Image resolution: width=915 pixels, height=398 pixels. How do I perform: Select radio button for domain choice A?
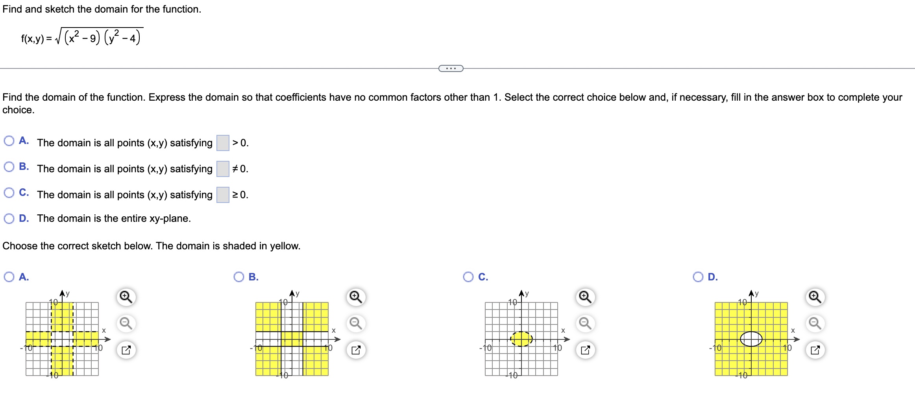pos(9,141)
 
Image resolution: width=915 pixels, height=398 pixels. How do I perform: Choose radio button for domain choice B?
pos(9,167)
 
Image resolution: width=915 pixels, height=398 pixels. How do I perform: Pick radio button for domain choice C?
pos(9,193)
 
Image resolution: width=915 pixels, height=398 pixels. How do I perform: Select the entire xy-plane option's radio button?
pos(9,219)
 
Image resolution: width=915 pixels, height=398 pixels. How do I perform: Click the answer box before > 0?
pos(223,143)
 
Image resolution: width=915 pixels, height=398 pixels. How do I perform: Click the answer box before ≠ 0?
pos(223,169)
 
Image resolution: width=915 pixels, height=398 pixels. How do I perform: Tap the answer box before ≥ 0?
pos(223,195)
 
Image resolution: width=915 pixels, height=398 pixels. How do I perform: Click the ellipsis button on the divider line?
pos(451,68)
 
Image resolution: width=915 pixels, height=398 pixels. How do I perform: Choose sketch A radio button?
pos(9,277)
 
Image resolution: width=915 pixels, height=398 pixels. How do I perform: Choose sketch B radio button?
pos(239,277)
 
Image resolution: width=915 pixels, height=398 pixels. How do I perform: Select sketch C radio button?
pos(468,277)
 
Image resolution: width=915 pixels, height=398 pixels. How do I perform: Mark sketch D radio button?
pos(698,277)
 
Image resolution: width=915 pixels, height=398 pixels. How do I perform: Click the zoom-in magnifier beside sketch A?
pos(126,297)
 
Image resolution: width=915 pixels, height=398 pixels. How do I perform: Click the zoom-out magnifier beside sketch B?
pos(356,323)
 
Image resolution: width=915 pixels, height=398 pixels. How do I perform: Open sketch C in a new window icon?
pos(585,350)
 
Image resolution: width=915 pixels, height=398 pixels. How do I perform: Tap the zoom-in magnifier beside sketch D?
pos(815,297)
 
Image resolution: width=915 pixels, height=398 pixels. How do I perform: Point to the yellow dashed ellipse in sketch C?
pos(521,339)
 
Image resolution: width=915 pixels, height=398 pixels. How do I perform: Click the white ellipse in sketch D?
pos(751,339)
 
